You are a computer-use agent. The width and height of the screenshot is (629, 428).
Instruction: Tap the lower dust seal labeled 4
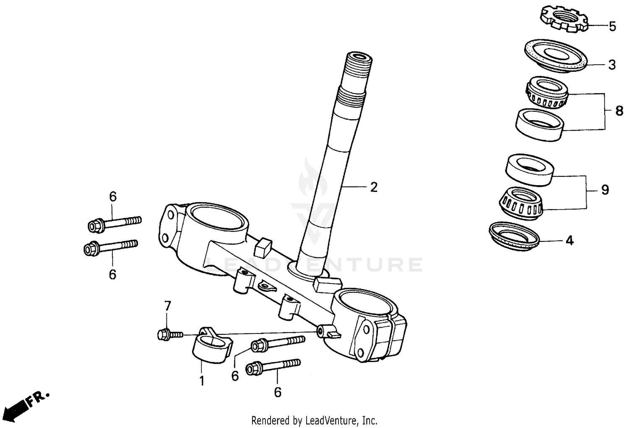[515, 236]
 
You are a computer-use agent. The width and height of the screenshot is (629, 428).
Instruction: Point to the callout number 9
[605, 190]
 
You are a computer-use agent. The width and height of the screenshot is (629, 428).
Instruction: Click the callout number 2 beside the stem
[374, 187]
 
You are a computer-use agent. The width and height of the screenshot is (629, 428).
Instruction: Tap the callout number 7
[168, 306]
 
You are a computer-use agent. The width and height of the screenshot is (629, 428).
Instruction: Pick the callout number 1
[202, 381]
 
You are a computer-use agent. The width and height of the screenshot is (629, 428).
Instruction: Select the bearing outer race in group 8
[539, 124]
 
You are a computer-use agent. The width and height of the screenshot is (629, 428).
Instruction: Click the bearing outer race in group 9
[530, 170]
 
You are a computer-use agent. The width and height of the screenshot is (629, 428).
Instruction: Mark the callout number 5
[612, 26]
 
